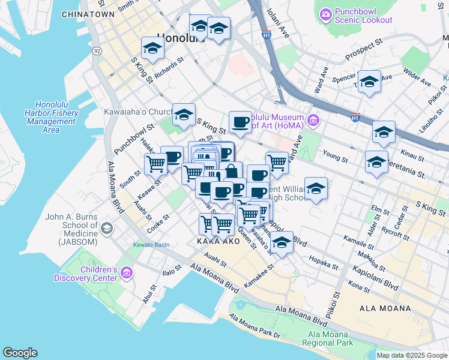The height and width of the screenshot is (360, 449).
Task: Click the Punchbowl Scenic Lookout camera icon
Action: [326, 14]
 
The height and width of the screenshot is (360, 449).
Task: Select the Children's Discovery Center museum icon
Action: [126, 274]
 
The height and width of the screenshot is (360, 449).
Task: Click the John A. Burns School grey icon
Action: [106, 228]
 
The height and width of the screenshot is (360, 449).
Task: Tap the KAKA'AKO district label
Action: [218, 241]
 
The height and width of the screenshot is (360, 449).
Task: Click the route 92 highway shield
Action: [96, 52]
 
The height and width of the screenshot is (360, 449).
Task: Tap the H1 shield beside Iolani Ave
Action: [267, 35]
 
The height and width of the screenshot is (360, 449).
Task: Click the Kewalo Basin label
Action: [151, 245]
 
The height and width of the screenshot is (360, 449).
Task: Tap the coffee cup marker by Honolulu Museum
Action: [240, 122]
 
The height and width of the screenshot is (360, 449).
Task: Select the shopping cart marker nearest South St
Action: [155, 163]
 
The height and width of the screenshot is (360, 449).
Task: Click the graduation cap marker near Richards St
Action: [152, 48]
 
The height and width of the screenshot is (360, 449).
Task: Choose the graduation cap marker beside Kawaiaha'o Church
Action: [184, 114]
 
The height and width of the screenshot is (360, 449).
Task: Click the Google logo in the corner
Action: [20, 353]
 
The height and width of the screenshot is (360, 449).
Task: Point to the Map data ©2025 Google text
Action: [412, 355]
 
